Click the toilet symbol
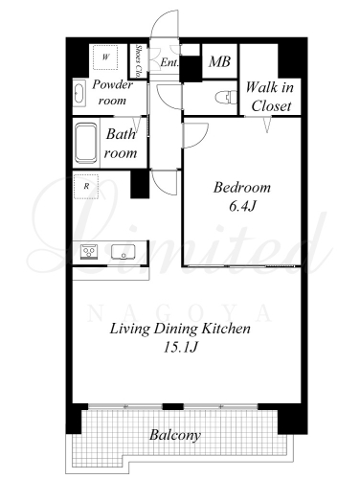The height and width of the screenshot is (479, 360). point(226,97)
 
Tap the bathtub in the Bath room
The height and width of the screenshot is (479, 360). point(86,144)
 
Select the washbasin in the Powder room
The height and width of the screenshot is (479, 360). point(79,93)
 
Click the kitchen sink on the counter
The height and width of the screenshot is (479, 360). point(124,251)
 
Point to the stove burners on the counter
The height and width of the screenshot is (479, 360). point(89,251)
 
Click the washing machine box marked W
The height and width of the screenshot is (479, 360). point(105,57)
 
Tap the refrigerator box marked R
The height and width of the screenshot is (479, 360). point(86,187)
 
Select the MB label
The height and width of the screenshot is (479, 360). point(219,61)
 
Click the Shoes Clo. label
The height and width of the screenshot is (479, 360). point(139,61)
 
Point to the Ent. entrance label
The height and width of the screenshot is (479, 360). point(169,62)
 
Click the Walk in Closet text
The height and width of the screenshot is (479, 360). point(271,97)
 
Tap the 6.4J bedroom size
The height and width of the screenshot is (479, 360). point(242,207)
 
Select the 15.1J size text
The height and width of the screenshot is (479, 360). point(180,347)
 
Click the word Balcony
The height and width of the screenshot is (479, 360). point(175,435)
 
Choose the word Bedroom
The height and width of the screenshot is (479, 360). point(242,187)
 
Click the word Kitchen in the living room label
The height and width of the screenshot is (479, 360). point(227,329)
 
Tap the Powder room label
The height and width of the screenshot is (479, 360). point(112,93)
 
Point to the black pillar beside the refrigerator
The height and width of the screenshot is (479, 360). point(140,184)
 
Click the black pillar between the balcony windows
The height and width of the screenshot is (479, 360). point(173,406)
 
